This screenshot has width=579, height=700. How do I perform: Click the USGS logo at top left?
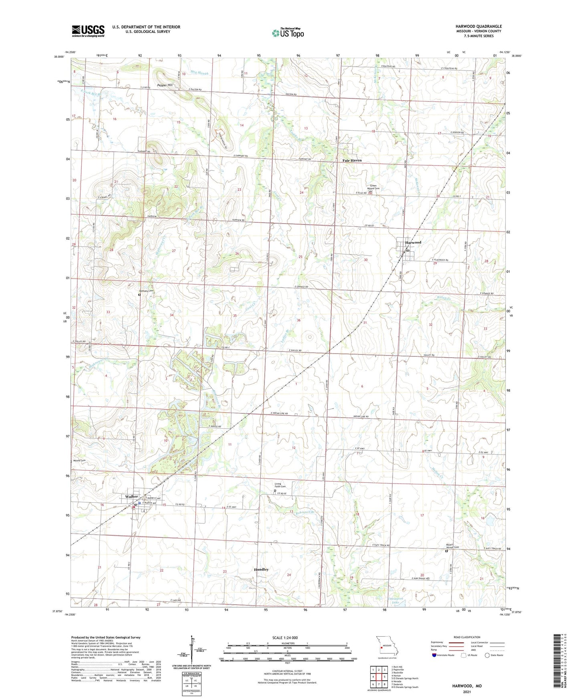pos(88,30)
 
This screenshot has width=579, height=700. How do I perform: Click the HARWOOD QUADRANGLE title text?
pos(478,26)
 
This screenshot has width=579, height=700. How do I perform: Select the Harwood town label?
pos(413,243)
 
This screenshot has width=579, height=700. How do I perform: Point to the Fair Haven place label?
pos(352,160)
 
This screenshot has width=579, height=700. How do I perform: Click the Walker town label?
pos(131,496)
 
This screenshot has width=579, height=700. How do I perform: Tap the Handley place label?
pos(261,569)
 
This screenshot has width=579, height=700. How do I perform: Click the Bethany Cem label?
pos(146,291)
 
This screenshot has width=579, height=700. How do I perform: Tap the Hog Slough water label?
pos(200,73)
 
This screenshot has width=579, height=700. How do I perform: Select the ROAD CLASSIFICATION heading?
pos(466,637)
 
